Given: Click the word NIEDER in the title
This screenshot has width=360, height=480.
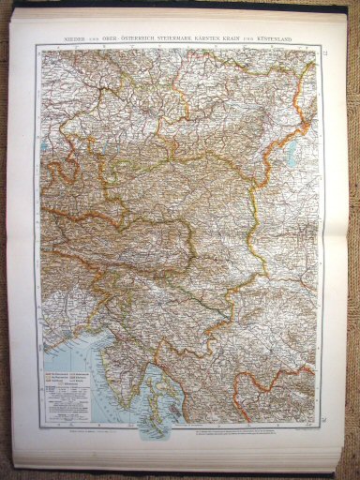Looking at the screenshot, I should [71, 37].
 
